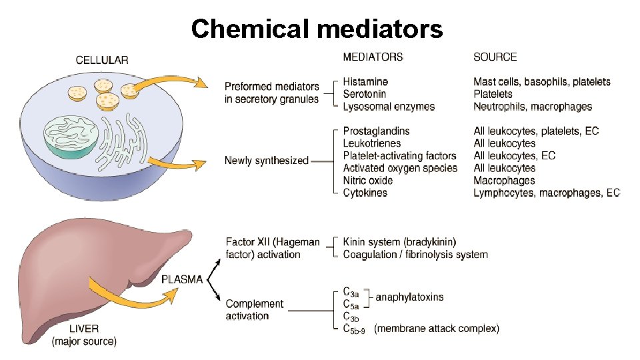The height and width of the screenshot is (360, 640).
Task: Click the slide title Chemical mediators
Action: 317,29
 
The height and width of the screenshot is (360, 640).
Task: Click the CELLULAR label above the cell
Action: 102,59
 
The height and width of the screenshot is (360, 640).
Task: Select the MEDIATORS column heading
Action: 373,57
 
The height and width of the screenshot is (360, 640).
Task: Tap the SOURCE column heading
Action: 495,57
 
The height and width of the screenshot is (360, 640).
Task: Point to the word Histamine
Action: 365,82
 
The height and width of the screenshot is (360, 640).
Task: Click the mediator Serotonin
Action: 365,94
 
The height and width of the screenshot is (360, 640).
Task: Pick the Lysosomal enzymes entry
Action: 389,107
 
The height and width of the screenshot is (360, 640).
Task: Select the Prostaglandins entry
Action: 376,131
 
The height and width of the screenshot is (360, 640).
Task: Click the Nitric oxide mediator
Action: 368,181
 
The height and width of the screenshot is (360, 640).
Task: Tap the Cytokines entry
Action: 365,193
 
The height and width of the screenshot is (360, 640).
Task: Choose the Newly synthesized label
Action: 266,161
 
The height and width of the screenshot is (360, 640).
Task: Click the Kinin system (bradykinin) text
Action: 399,241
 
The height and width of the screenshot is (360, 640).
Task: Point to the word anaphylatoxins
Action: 409,297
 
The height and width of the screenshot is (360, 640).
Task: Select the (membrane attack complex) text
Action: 437,328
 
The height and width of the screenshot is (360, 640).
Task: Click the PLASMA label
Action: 182,280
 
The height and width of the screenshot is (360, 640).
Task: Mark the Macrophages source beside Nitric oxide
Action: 504,181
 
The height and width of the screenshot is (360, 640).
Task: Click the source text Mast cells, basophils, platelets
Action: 541,82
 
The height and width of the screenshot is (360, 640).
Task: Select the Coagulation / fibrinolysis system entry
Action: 415,254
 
